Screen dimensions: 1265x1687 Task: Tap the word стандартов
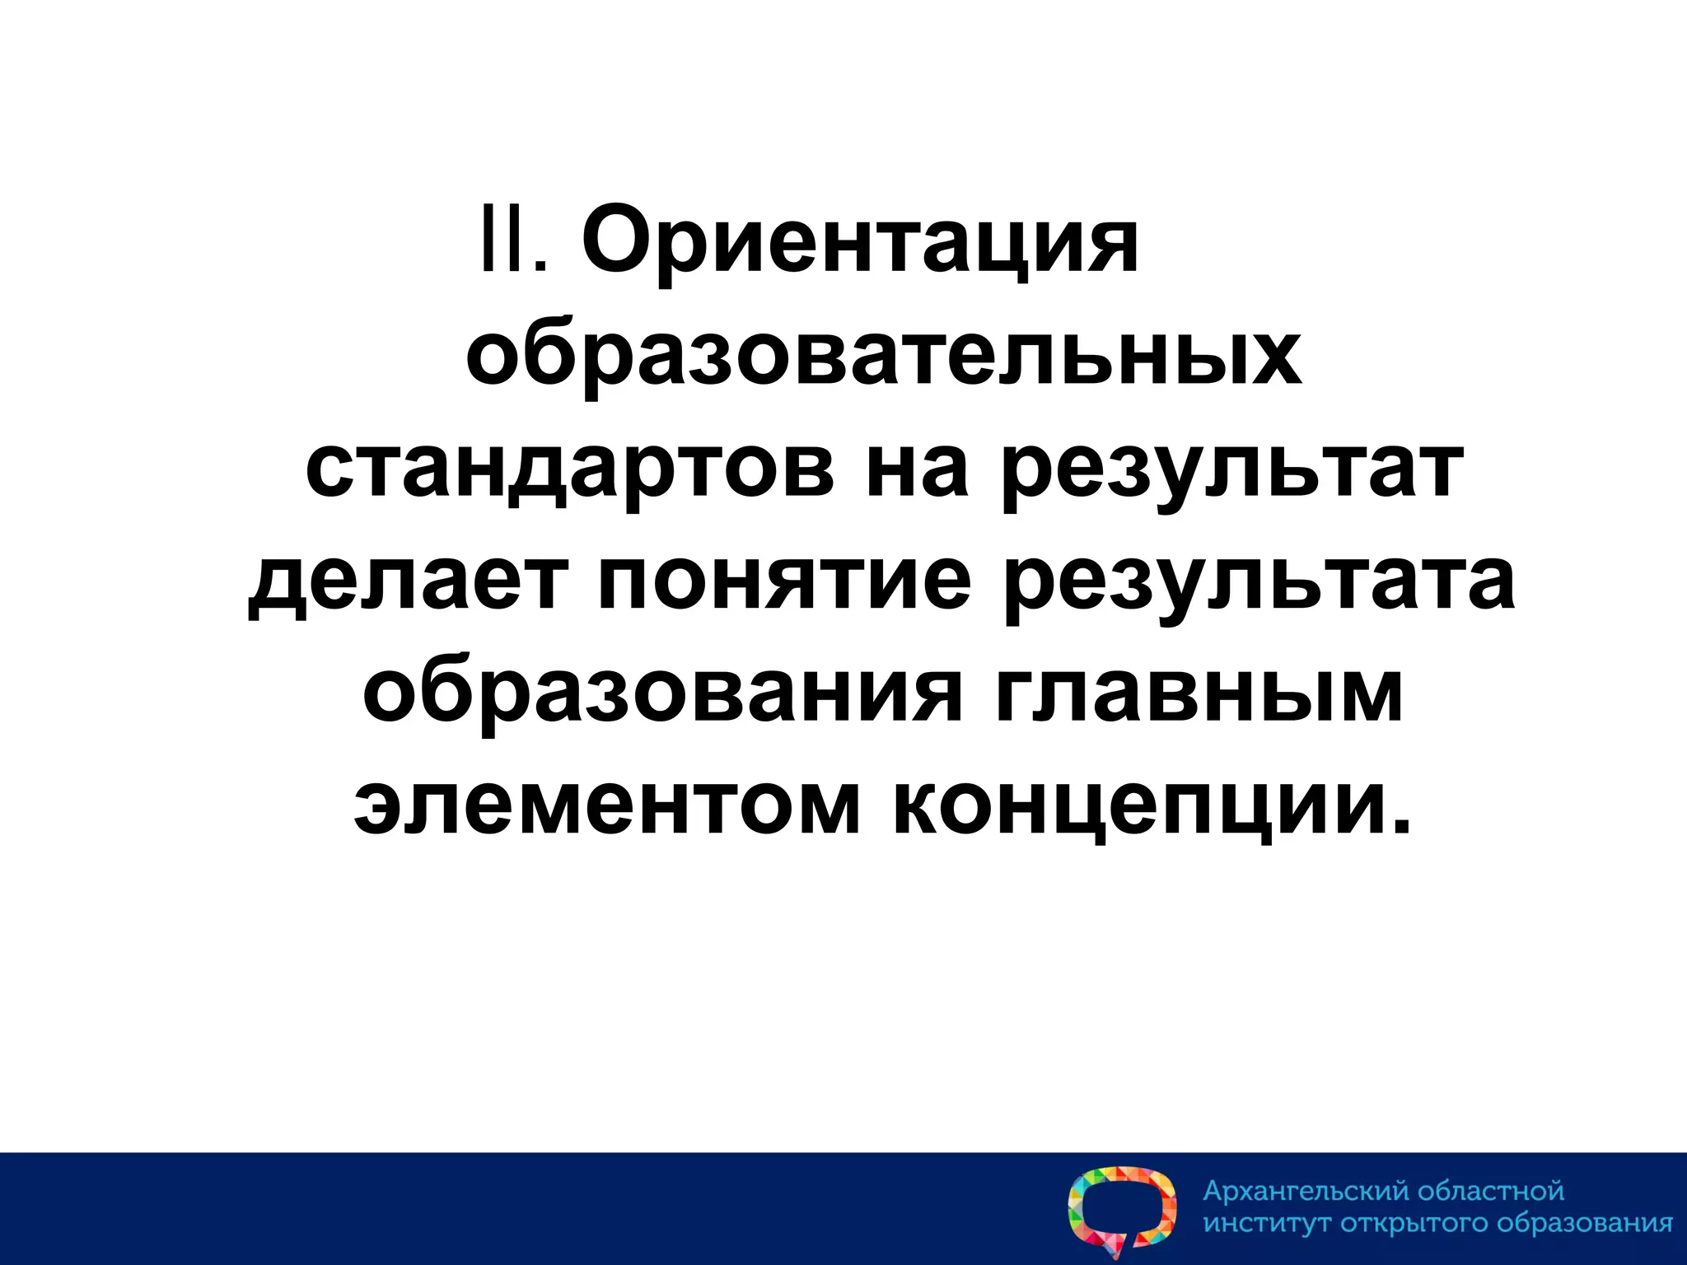(569, 472)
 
